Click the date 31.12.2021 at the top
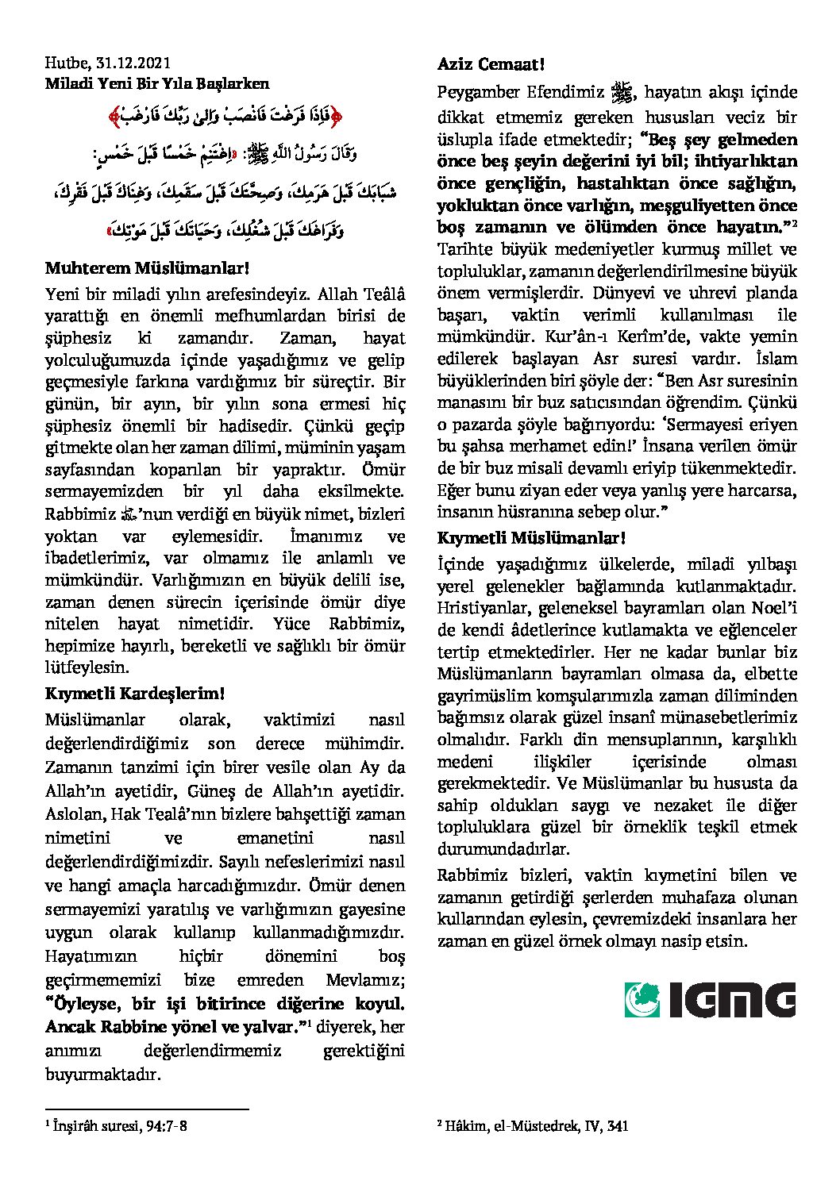pos(133,63)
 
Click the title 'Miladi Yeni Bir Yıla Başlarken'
pos(156,84)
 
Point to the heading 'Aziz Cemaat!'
pos(490,65)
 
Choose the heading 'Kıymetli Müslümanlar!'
pos(531,539)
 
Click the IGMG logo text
pos(731,1000)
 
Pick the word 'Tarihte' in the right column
pos(464,249)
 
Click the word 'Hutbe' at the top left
pos(67,63)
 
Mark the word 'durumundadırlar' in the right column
pos(503,849)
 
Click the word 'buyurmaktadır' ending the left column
pos(102,1075)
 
